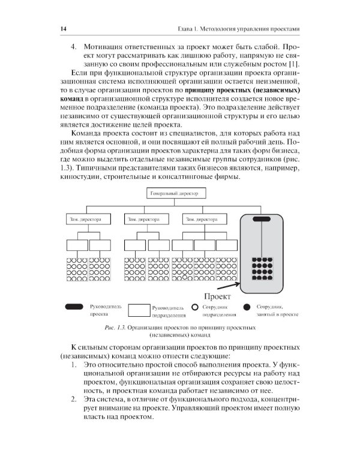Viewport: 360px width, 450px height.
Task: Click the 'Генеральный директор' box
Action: (x=178, y=193)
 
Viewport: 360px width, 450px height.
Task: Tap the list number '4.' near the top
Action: (x=75, y=46)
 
